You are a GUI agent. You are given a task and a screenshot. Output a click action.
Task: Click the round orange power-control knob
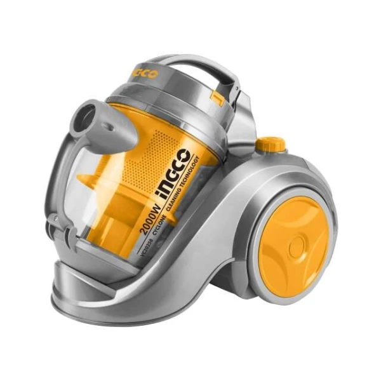272,144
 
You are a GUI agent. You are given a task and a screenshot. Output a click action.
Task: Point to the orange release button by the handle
218,97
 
